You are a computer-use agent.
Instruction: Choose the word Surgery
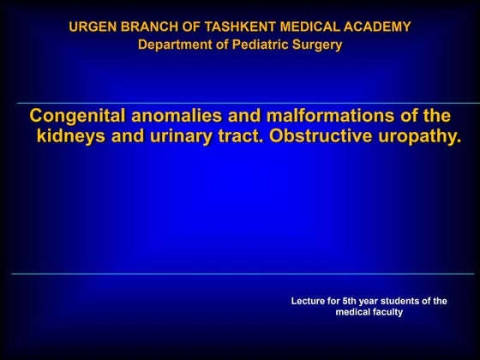pyautogui.click(x=316, y=45)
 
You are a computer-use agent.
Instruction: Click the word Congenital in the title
pyautogui.click(x=79, y=116)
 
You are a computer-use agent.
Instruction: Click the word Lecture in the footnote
pyautogui.click(x=310, y=301)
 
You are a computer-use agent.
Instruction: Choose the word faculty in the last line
pyautogui.click(x=385, y=313)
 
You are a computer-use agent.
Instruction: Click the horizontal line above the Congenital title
pyautogui.click(x=240, y=104)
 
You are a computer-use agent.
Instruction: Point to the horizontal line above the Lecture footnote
pyautogui.click(x=240, y=274)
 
